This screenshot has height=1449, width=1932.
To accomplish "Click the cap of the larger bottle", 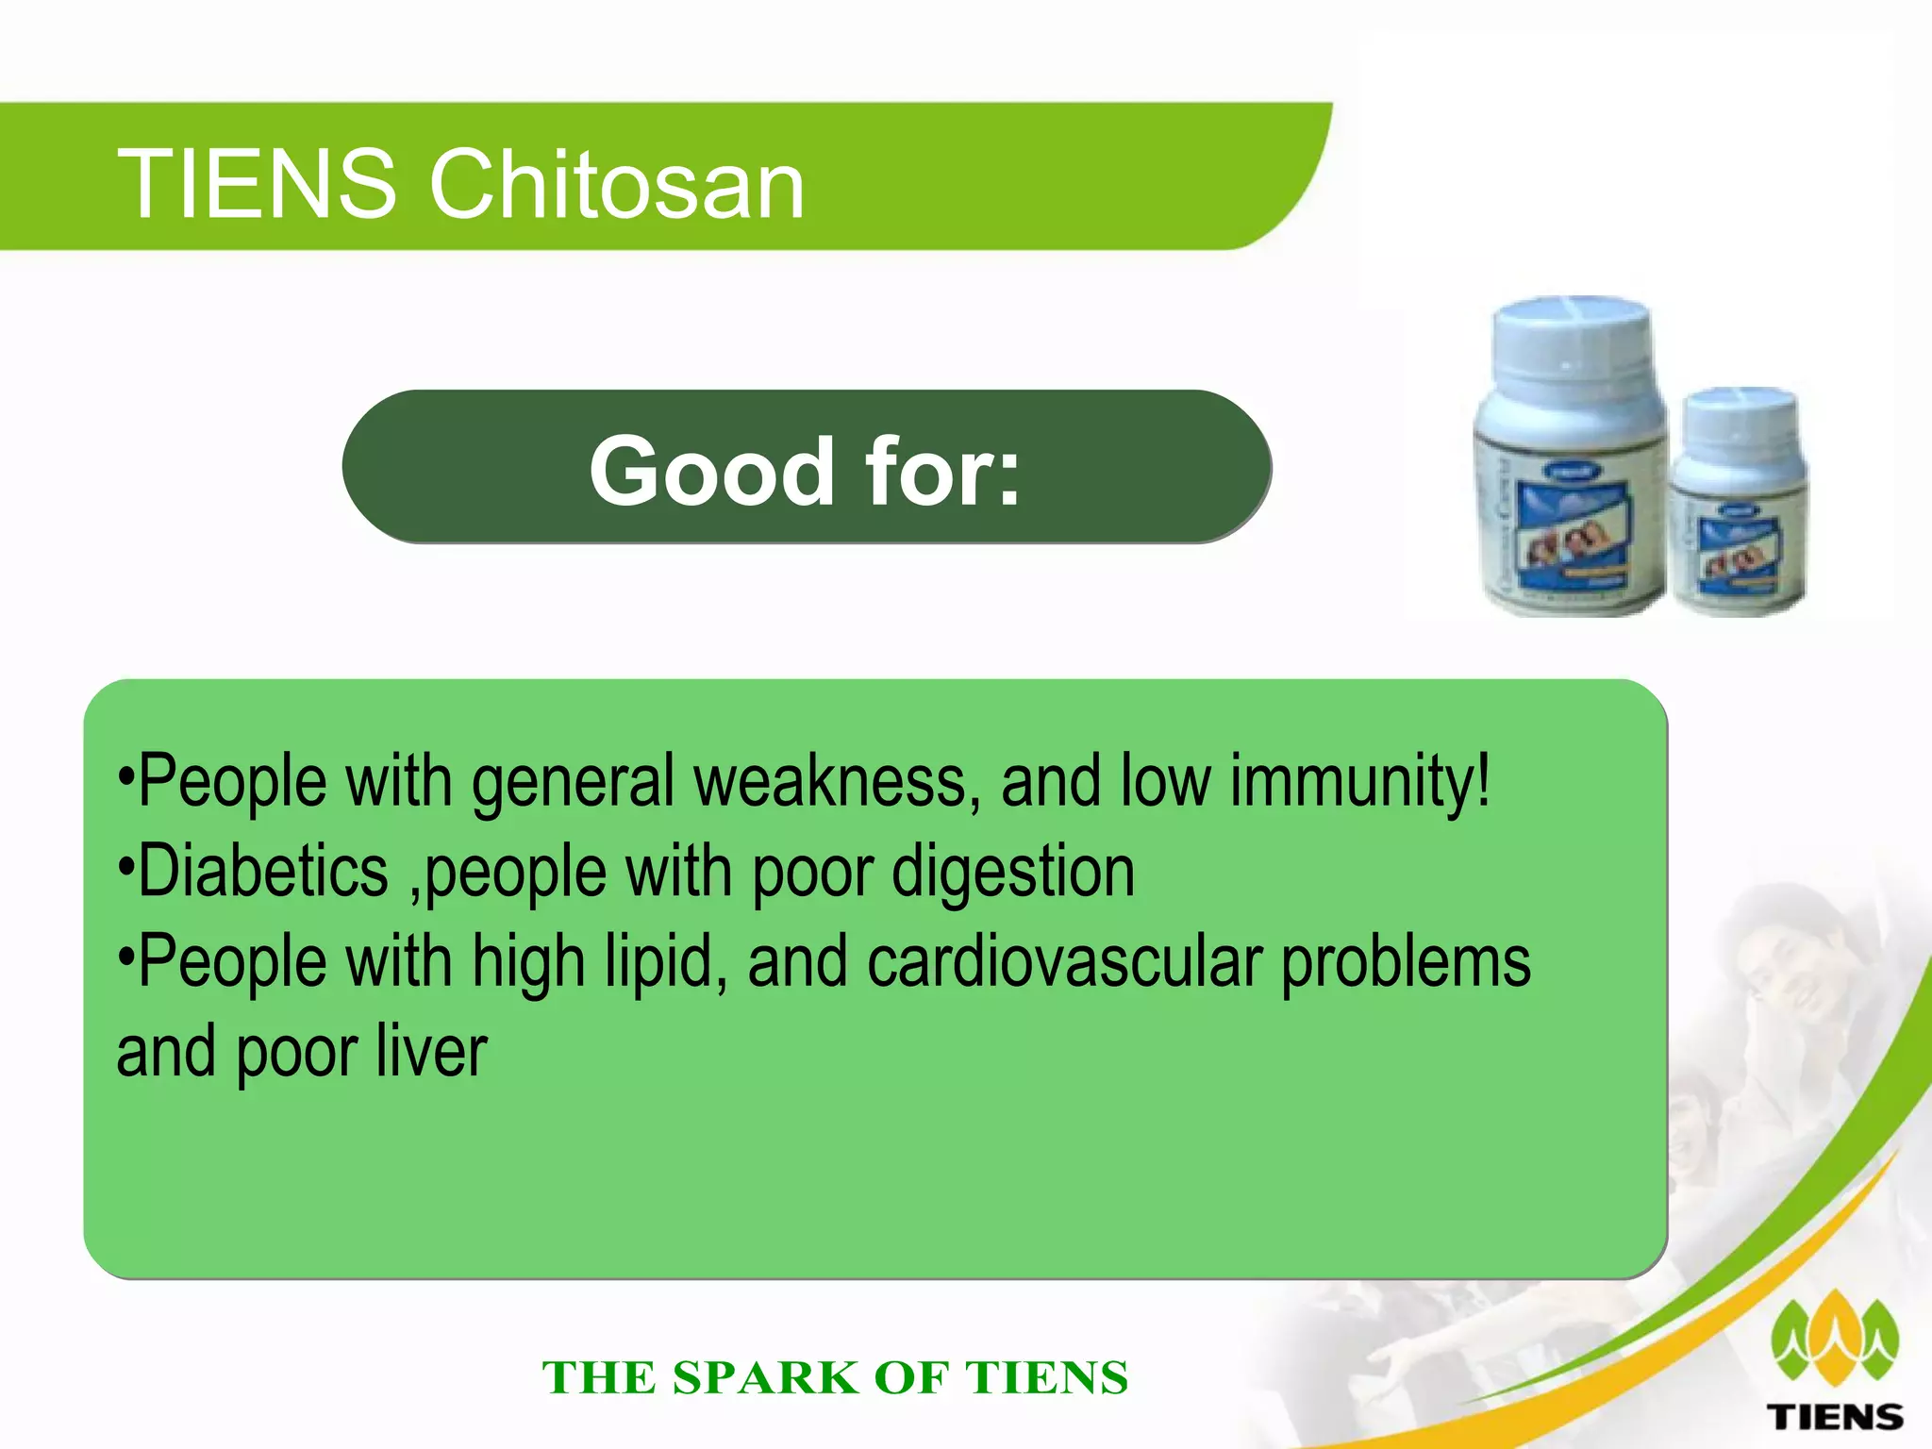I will pyautogui.click(x=1571, y=344).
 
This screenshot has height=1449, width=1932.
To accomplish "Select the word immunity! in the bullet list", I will pyautogui.click(x=1360, y=781).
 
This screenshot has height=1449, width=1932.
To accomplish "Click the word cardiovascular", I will pyautogui.click(x=1065, y=961).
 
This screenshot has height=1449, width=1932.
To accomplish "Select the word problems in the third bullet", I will pyautogui.click(x=1406, y=963).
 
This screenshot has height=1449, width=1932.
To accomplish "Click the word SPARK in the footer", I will pyautogui.click(x=764, y=1377).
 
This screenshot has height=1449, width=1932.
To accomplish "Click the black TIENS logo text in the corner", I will pyautogui.click(x=1835, y=1417).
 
